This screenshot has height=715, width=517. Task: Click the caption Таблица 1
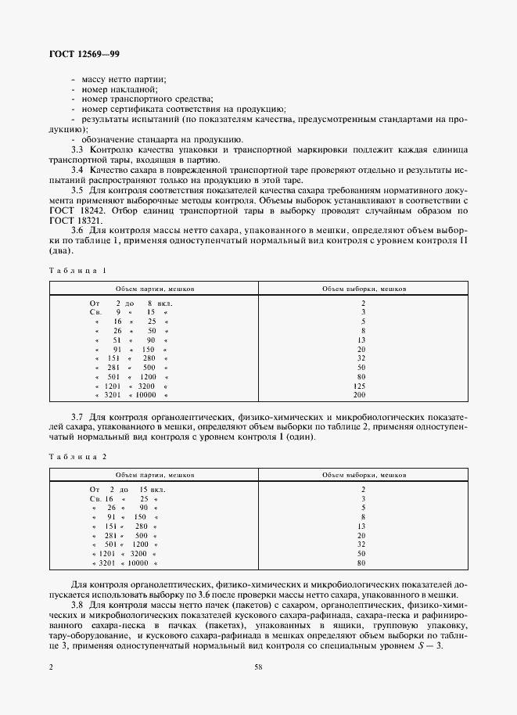(78, 270)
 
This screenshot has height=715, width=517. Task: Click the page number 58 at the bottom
(258, 667)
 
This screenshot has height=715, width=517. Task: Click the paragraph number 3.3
(78, 149)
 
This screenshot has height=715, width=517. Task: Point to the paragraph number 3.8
(78, 605)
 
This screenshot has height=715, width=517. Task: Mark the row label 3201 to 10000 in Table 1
(130, 396)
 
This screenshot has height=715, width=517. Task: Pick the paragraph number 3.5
(78, 190)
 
